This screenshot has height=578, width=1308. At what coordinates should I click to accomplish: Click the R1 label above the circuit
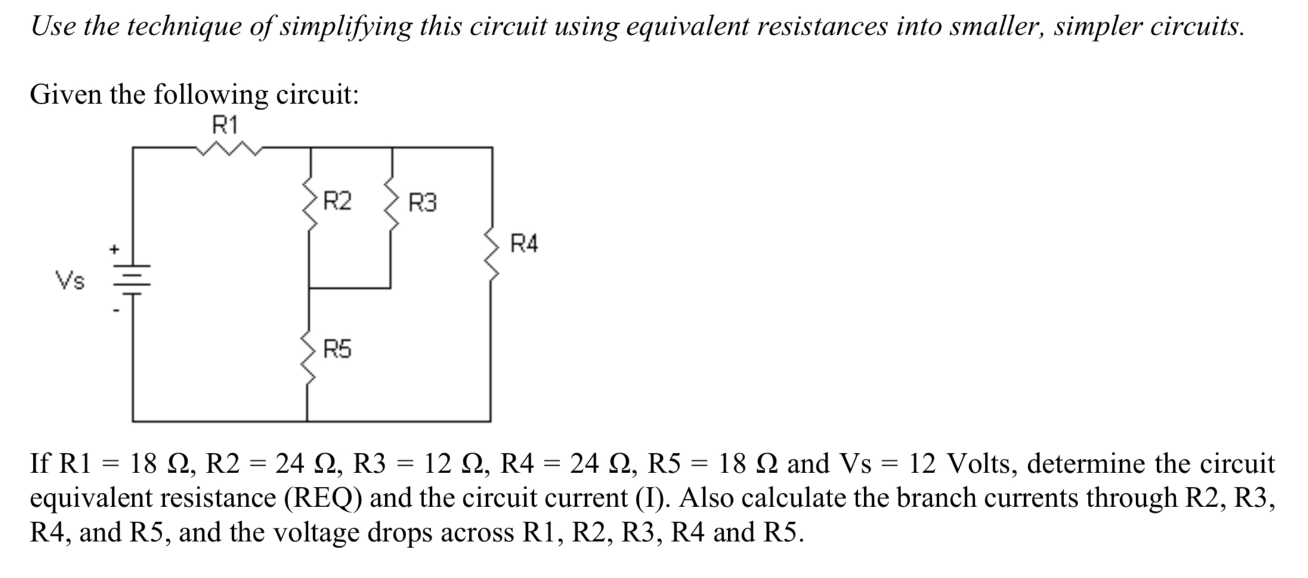coord(225,126)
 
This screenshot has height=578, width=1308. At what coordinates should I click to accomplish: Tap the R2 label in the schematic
coord(338,201)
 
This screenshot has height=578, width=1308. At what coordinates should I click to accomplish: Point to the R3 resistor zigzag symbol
coord(391,202)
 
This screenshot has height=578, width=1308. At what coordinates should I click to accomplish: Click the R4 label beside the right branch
coord(524,244)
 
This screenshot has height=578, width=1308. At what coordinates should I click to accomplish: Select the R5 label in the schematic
coord(338,349)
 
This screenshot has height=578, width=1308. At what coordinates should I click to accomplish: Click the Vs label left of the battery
coord(70,280)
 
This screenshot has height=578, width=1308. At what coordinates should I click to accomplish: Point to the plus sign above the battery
coord(113,249)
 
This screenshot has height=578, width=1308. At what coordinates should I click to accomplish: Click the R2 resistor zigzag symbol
coord(310,202)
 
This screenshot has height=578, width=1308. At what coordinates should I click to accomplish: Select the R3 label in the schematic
coord(422,203)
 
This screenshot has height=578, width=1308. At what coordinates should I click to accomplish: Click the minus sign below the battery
coord(117,311)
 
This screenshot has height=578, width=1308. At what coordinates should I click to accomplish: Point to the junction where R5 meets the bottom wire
coord(308,421)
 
